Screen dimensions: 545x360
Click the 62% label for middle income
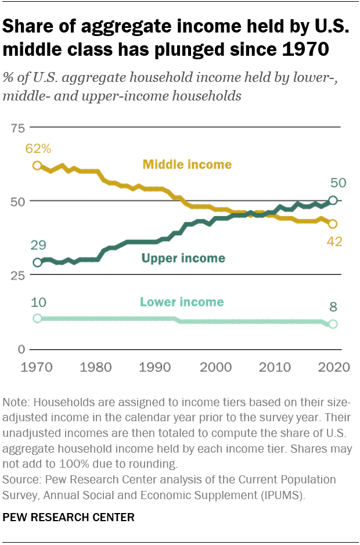tap(37, 149)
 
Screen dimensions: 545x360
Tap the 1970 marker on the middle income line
tap(37, 166)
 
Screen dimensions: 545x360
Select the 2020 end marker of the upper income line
tap(333, 200)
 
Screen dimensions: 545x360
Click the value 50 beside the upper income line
tap(338, 183)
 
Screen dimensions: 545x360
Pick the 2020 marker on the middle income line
tap(333, 224)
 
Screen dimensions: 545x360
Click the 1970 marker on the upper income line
tap(37, 263)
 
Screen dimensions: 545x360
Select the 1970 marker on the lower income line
tap(37, 318)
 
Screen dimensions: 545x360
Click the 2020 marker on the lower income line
tap(333, 324)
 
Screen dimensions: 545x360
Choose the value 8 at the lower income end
tap(333, 307)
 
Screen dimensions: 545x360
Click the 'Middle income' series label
tap(186, 164)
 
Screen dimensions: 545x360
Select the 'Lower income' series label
tap(182, 302)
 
